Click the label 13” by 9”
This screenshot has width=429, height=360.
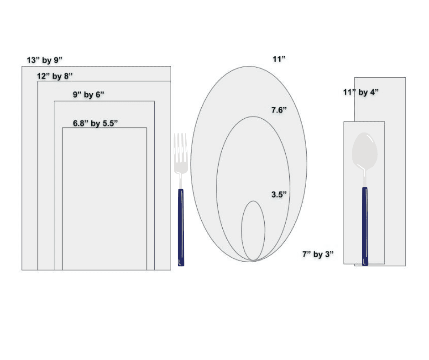pyautogui.click(x=45, y=60)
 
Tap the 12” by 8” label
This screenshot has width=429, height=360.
pyautogui.click(x=55, y=76)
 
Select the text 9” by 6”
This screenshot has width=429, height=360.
pyautogui.click(x=89, y=95)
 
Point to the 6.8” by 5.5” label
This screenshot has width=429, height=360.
pyautogui.click(x=95, y=123)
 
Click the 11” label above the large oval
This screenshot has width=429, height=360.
pyautogui.click(x=279, y=59)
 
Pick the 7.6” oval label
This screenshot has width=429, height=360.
pyautogui.click(x=279, y=110)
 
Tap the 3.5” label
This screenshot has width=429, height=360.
pyautogui.click(x=279, y=195)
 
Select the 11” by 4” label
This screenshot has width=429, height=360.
pyautogui.click(x=361, y=92)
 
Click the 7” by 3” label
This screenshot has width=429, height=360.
pyautogui.click(x=318, y=254)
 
